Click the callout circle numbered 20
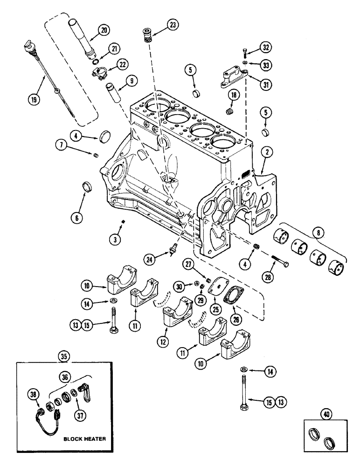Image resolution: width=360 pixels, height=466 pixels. (x=104, y=31)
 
